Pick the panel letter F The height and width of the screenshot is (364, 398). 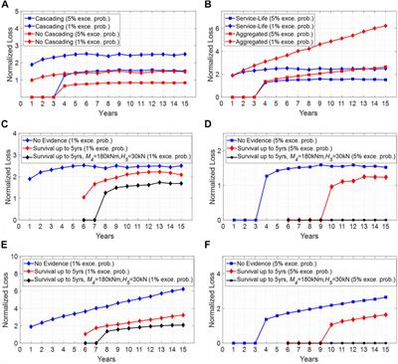[x=205, y=249]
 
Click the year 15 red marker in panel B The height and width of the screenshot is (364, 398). [x=386, y=26]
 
